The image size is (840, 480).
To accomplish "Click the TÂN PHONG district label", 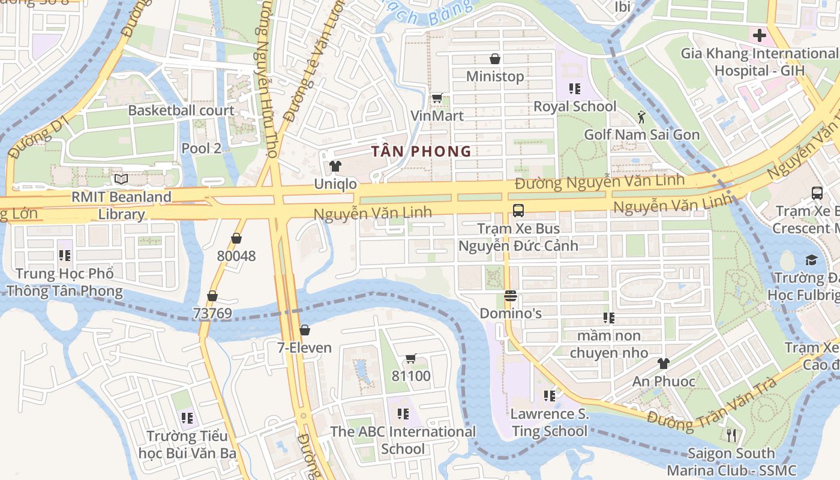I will pos(421,151).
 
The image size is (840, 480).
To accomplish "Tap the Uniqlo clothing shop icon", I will pos(335,166).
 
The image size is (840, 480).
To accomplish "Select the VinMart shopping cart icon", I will pos(437,97).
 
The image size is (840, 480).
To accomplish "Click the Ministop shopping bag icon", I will pos(495,59).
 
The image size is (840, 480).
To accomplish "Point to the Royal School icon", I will pos(575,89).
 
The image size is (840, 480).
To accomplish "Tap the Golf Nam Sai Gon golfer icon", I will pos(642,117).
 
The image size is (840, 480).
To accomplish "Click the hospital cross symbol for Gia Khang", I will pos(760,35).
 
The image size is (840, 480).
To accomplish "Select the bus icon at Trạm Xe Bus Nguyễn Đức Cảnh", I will pos(518,211).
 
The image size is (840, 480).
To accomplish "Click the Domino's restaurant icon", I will pos(511,296).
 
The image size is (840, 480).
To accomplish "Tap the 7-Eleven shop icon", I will pos(305,330).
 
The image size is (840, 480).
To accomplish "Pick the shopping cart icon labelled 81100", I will pos(411,359).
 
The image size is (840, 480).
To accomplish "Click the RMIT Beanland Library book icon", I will pos(121,179).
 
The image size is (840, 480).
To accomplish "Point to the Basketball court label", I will pos(181,110).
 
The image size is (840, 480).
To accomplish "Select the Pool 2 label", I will pos(202,148).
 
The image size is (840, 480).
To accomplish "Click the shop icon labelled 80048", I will pos(236,238).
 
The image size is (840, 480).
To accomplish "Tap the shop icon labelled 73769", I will pos(212,296).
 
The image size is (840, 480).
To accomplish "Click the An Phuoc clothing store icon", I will pos(663,364).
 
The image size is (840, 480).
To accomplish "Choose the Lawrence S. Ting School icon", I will pos(549,396).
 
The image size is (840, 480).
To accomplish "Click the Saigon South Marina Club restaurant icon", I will pos(731,435).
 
